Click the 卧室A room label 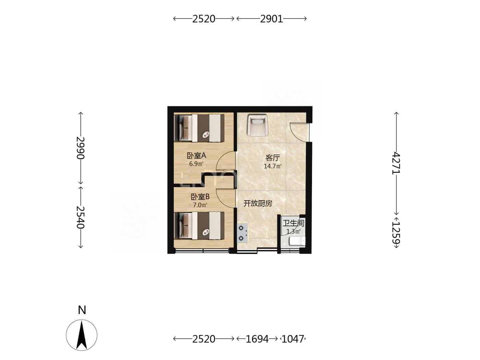196,156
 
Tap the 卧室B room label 200,197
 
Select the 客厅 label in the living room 273,158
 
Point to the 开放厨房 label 258,204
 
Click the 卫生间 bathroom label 293,223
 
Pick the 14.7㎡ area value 273,166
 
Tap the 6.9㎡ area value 196,164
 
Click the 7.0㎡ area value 200,205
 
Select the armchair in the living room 257,125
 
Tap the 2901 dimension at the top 272,19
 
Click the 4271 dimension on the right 396,164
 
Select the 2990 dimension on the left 81,148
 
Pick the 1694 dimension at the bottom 257,339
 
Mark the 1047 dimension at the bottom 293,339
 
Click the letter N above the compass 82,310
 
